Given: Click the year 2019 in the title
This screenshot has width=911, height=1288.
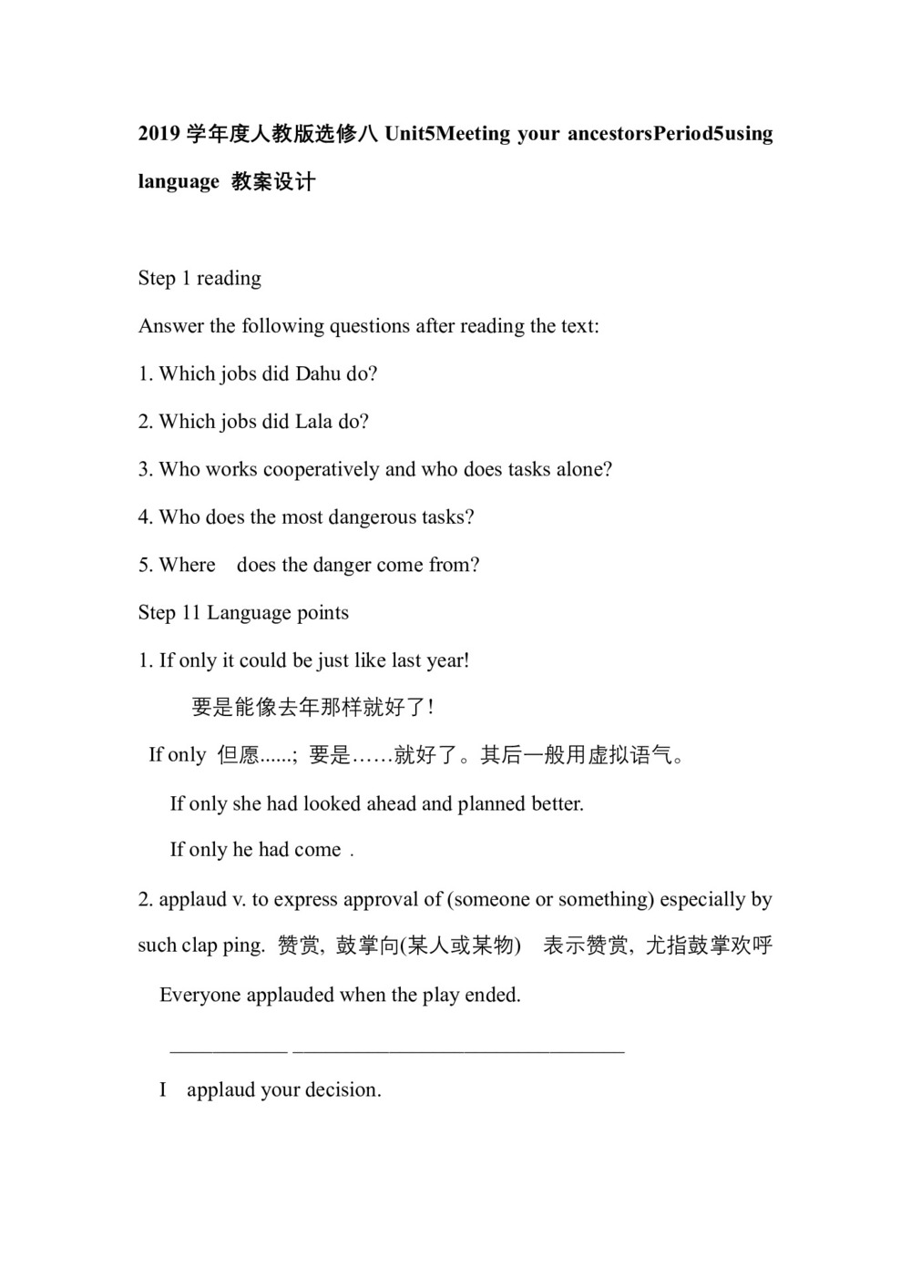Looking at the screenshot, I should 159,134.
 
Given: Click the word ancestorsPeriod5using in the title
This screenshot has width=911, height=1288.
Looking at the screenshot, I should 670,134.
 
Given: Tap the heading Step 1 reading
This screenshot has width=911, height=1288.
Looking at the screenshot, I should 200,278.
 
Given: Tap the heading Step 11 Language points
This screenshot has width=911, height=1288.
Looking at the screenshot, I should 243,612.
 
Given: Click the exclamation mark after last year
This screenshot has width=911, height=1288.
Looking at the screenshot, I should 466,660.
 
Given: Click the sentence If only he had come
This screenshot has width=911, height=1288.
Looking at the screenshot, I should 256,850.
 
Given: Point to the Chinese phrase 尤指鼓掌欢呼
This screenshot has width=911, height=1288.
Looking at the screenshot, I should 709,946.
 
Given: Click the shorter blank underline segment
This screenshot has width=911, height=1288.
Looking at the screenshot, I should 229,1051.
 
